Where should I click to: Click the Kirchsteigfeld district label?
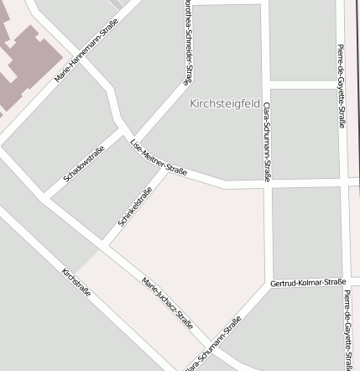(225, 104)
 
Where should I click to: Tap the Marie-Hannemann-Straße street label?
(86, 50)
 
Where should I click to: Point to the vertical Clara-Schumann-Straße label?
(266, 141)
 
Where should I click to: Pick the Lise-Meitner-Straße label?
(159, 158)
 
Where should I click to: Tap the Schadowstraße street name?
(83, 164)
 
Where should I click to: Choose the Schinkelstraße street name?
(135, 206)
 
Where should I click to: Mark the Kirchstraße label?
(76, 282)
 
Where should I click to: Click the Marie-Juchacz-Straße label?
(168, 301)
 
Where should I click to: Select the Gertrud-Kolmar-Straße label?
(308, 283)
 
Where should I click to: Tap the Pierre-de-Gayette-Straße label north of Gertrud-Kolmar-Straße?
(341, 86)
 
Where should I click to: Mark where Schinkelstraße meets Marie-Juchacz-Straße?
(106, 246)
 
